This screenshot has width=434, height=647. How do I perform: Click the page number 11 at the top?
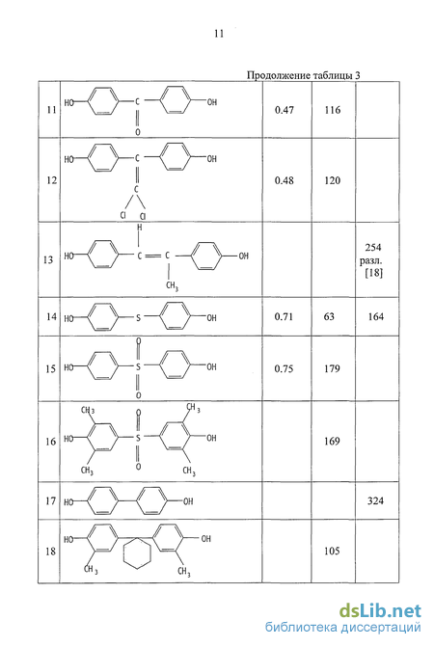coord(219,34)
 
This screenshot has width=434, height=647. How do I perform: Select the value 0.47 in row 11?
coord(285,110)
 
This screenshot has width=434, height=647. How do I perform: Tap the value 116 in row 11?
coord(333,110)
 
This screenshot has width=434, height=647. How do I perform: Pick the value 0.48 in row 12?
coord(285,180)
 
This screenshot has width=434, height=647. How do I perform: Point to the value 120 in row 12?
coord(333,180)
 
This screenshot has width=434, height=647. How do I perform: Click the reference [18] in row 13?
coord(374,273)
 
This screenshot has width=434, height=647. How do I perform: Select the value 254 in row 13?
coord(373,247)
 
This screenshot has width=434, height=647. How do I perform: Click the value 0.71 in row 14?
coord(284,316)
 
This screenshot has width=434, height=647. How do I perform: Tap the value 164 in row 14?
coord(376,316)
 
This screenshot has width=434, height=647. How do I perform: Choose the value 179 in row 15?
coord(332,368)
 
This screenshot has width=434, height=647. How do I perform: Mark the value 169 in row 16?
coord(332,441)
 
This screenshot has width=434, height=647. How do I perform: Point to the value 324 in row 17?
coord(376,501)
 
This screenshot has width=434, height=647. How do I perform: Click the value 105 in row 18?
coord(332,551)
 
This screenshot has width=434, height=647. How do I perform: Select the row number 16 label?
coord(50,442)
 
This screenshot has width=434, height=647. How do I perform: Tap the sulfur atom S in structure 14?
coord(138,318)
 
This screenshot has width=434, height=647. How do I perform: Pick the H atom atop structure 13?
coord(140,228)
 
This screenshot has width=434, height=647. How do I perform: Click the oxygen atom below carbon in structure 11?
coord(138,132)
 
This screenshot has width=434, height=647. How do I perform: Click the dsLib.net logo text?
coord(380,611)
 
